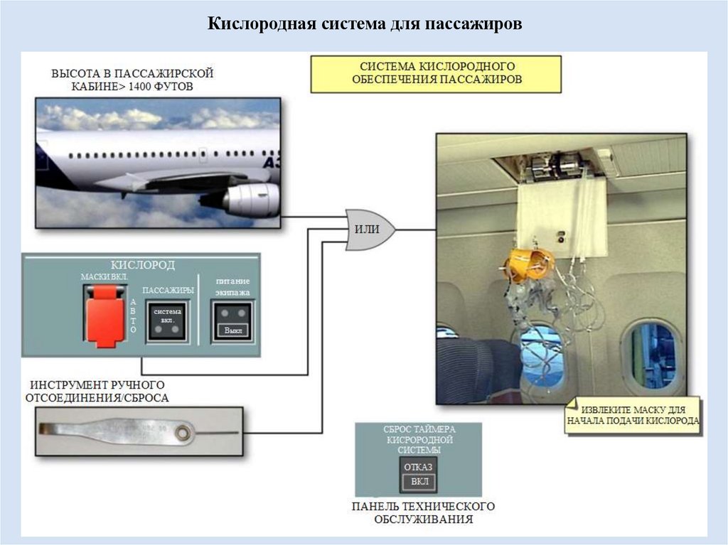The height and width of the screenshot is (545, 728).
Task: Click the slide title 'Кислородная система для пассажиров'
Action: [x=365, y=24]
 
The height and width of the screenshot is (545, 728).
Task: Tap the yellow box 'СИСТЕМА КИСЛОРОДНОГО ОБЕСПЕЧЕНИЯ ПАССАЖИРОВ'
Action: [x=436, y=73]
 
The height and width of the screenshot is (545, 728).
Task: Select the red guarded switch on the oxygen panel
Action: [x=105, y=315]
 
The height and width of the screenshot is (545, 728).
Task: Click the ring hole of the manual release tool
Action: [x=186, y=431]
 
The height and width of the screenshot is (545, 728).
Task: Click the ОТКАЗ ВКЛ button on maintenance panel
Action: [x=418, y=475]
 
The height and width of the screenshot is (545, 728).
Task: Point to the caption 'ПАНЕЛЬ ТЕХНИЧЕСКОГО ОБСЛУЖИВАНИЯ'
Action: [x=422, y=512]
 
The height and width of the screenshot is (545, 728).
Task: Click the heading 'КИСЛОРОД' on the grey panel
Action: [x=142, y=265]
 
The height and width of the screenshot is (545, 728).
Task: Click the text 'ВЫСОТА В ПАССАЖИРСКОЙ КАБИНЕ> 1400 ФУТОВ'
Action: [x=132, y=80]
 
